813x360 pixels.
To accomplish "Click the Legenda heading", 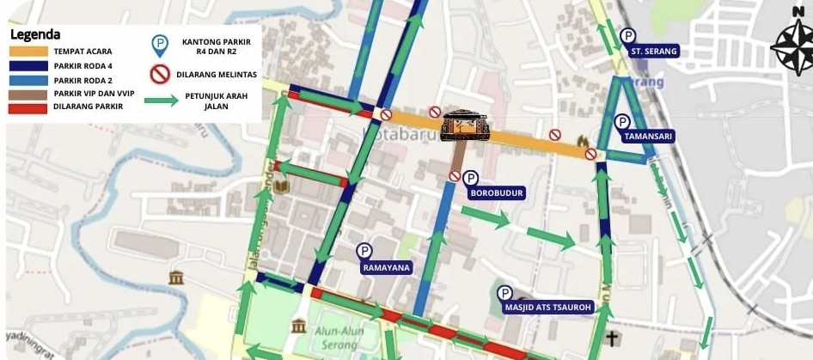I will click(34, 34).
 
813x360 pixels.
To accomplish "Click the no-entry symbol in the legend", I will click(160, 75).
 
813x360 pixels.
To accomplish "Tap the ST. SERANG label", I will click(654, 52).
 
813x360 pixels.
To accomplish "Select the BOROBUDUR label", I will click(496, 193).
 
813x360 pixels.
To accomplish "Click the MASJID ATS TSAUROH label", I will click(547, 308).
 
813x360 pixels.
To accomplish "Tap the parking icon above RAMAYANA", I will click(364, 251).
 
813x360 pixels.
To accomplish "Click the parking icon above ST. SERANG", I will click(628, 36).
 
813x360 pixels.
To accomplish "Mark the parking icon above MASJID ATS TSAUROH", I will click(504, 293).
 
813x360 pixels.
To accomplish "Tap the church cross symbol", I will click(612, 338).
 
